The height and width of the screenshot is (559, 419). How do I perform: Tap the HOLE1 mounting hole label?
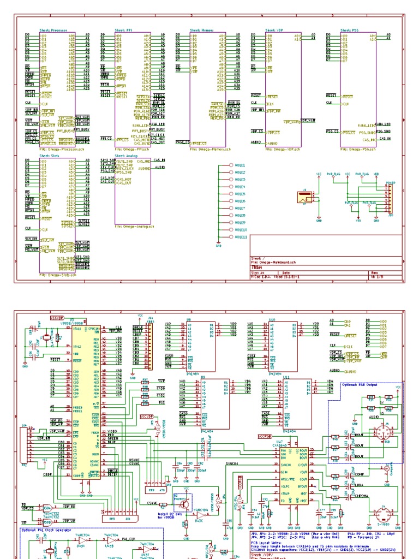pos(240,165)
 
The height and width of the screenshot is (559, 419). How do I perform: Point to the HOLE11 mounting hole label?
pos(241,237)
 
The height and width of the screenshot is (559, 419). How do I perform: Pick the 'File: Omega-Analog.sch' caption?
pos(134,227)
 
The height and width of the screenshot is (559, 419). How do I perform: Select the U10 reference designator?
pos(272,319)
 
